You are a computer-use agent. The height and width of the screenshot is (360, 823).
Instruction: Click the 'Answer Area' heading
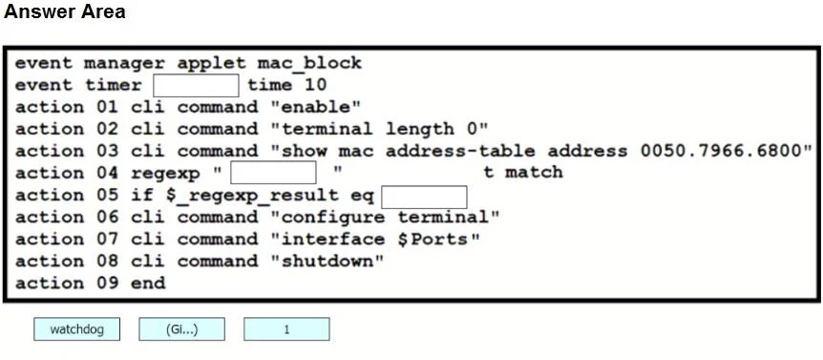65,11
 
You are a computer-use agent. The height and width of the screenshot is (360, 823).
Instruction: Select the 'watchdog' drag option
76,329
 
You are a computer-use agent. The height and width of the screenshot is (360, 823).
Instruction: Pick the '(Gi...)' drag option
181,329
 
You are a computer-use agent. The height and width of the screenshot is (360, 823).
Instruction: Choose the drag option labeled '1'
286,329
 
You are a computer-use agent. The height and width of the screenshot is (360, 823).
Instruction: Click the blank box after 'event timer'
196,86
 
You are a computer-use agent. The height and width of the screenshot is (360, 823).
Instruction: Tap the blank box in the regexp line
273,173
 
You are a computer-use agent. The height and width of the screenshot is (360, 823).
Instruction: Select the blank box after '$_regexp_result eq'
424,197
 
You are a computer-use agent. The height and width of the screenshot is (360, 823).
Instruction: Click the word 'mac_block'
309,63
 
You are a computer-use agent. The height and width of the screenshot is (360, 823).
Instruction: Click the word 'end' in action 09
148,284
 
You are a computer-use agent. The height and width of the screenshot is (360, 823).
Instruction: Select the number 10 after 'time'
315,85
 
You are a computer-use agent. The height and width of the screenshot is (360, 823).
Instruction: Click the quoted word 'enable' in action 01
316,107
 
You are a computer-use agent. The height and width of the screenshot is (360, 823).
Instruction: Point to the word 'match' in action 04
534,172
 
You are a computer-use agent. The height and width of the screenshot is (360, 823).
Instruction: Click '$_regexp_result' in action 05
252,196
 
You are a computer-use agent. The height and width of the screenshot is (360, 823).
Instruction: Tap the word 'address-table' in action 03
460,151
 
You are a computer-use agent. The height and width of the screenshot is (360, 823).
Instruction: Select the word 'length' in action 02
419,129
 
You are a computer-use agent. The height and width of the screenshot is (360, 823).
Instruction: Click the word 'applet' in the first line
211,63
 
